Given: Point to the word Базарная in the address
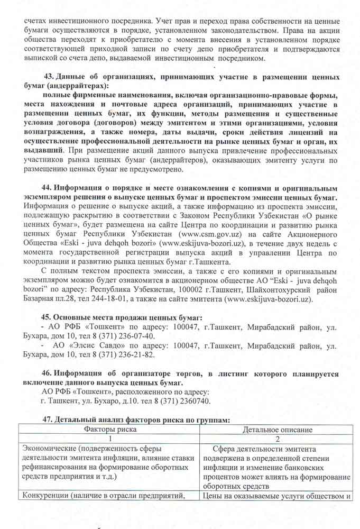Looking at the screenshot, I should coord(36,299).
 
